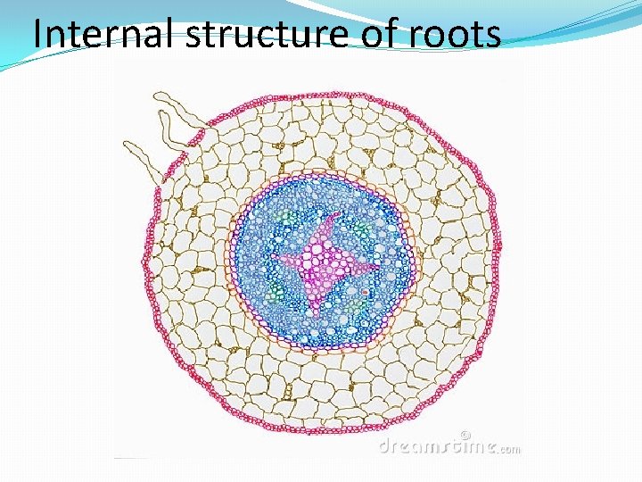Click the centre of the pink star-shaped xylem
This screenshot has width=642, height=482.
(x=323, y=264)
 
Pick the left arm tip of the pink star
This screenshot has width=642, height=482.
(x=274, y=260)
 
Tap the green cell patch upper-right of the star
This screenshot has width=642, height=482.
(x=360, y=229)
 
